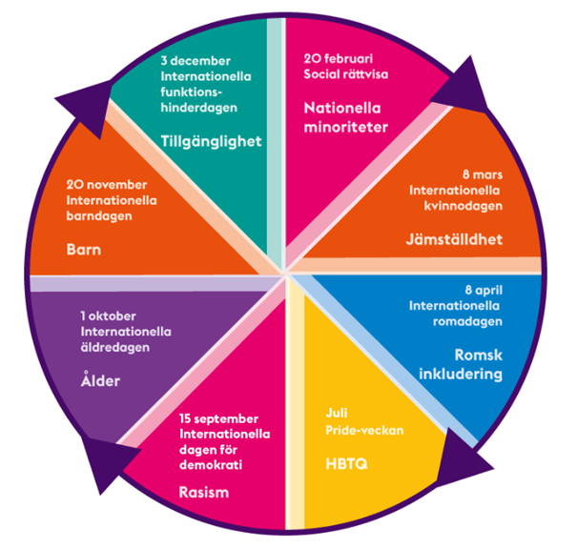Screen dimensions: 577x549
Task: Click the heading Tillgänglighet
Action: (x=211, y=142)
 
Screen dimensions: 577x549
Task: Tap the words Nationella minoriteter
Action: (x=346, y=117)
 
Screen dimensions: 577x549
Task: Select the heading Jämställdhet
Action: (x=454, y=240)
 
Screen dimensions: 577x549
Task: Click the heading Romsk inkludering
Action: (x=461, y=364)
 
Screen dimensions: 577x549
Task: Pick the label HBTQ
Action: (x=346, y=464)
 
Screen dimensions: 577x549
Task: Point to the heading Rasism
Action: (x=204, y=492)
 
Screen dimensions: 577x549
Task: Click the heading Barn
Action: (x=84, y=250)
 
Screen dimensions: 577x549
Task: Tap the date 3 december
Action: (x=196, y=61)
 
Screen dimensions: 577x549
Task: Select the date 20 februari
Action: (x=339, y=58)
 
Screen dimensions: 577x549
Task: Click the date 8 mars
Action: (x=483, y=174)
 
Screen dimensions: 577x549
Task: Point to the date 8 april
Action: (x=484, y=290)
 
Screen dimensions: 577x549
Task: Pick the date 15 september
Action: (x=218, y=418)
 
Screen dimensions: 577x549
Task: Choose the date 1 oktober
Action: (x=108, y=315)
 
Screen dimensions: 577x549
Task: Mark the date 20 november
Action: (x=107, y=185)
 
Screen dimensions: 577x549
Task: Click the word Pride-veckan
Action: (x=364, y=430)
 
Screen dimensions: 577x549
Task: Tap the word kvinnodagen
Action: (x=463, y=206)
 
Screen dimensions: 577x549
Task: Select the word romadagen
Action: (x=467, y=322)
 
